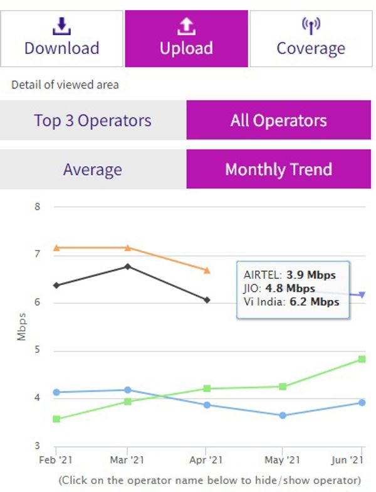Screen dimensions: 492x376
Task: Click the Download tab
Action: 61,38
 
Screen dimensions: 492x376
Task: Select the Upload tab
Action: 186,38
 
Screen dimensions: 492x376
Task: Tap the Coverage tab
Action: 311,38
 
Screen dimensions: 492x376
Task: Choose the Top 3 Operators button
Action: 93,120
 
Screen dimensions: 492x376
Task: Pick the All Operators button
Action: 278,120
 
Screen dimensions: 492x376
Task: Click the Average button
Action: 93,169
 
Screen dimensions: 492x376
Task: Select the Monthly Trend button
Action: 278,169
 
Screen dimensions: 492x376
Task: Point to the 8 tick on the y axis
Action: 37,206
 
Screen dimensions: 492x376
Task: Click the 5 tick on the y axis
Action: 37,350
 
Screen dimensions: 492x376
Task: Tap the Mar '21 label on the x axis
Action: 128,459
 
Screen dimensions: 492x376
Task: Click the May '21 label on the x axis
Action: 283,459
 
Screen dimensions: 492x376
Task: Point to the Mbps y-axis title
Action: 22,326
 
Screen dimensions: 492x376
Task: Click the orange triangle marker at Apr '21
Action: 206,270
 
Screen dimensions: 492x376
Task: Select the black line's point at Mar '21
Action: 128,266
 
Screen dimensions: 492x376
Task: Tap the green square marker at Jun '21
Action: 362,359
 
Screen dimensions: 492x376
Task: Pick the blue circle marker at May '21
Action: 283,415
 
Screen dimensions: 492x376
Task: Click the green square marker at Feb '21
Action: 56,419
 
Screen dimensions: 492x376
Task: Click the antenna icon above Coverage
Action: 311,24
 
